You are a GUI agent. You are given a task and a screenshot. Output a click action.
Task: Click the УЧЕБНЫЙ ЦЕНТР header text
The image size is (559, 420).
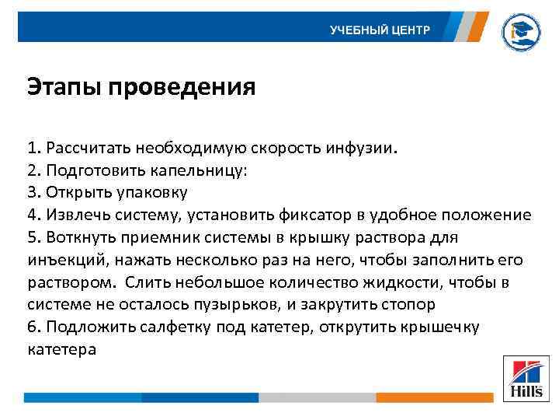(x=380, y=30)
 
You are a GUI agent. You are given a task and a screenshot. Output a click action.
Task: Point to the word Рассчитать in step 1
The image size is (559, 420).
(x=85, y=148)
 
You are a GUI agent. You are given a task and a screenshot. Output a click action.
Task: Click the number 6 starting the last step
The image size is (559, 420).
(x=31, y=327)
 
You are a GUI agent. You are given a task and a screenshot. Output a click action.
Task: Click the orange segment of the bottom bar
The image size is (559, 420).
(x=434, y=397)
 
